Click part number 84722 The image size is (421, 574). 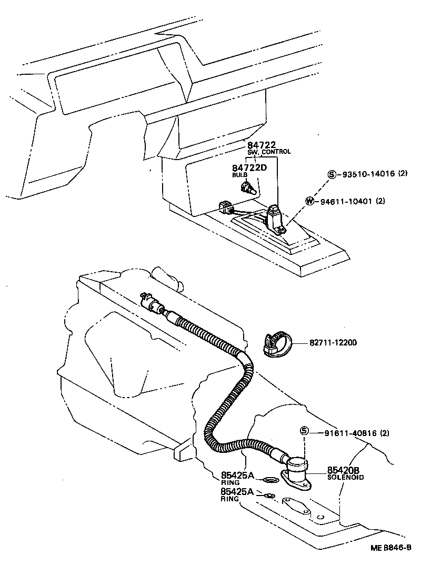click(x=261, y=145)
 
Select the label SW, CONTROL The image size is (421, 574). click(x=269, y=152)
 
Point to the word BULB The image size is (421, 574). click(x=239, y=174)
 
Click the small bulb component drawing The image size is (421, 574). click(x=248, y=187)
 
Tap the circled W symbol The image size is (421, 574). click(x=310, y=201)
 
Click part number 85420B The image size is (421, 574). click(x=343, y=470)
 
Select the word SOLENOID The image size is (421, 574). click(x=345, y=477)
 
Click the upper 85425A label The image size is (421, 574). click(x=237, y=476)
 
